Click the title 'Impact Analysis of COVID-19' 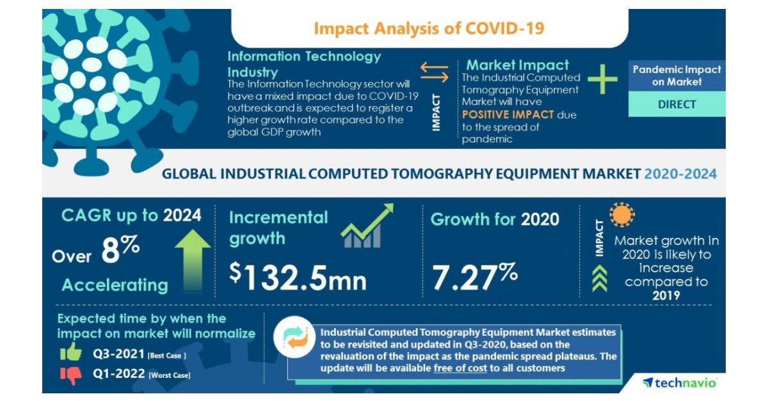click(429, 29)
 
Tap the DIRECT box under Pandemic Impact click(676, 104)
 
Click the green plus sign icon click(602, 79)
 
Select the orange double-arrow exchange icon click(435, 72)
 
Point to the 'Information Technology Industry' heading click(304, 63)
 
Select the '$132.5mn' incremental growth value click(298, 276)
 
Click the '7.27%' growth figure click(474, 276)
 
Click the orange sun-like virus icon click(621, 216)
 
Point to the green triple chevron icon click(600, 279)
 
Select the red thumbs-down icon click(70, 375)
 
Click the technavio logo click(680, 382)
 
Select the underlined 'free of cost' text click(460, 368)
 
